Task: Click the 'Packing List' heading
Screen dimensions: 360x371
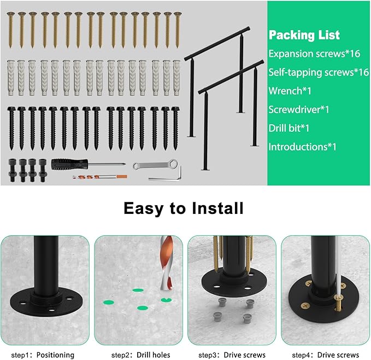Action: pos(304,36)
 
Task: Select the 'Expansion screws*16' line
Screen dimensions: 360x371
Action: pos(314,54)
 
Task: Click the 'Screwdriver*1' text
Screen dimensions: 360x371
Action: pos(298,109)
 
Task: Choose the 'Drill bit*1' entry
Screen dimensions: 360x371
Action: pos(289,128)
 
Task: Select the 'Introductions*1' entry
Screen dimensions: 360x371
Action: pos(302,147)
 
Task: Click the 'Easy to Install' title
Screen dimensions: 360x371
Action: pos(183,208)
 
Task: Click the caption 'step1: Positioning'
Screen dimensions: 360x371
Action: pos(43,355)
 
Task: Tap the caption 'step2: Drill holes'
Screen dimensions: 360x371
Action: pos(139,355)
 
